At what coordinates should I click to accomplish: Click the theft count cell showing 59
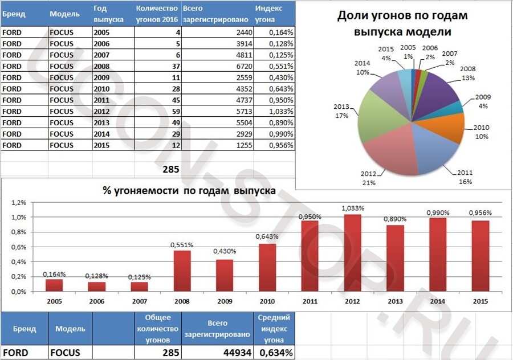pyautogui.click(x=157, y=111)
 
